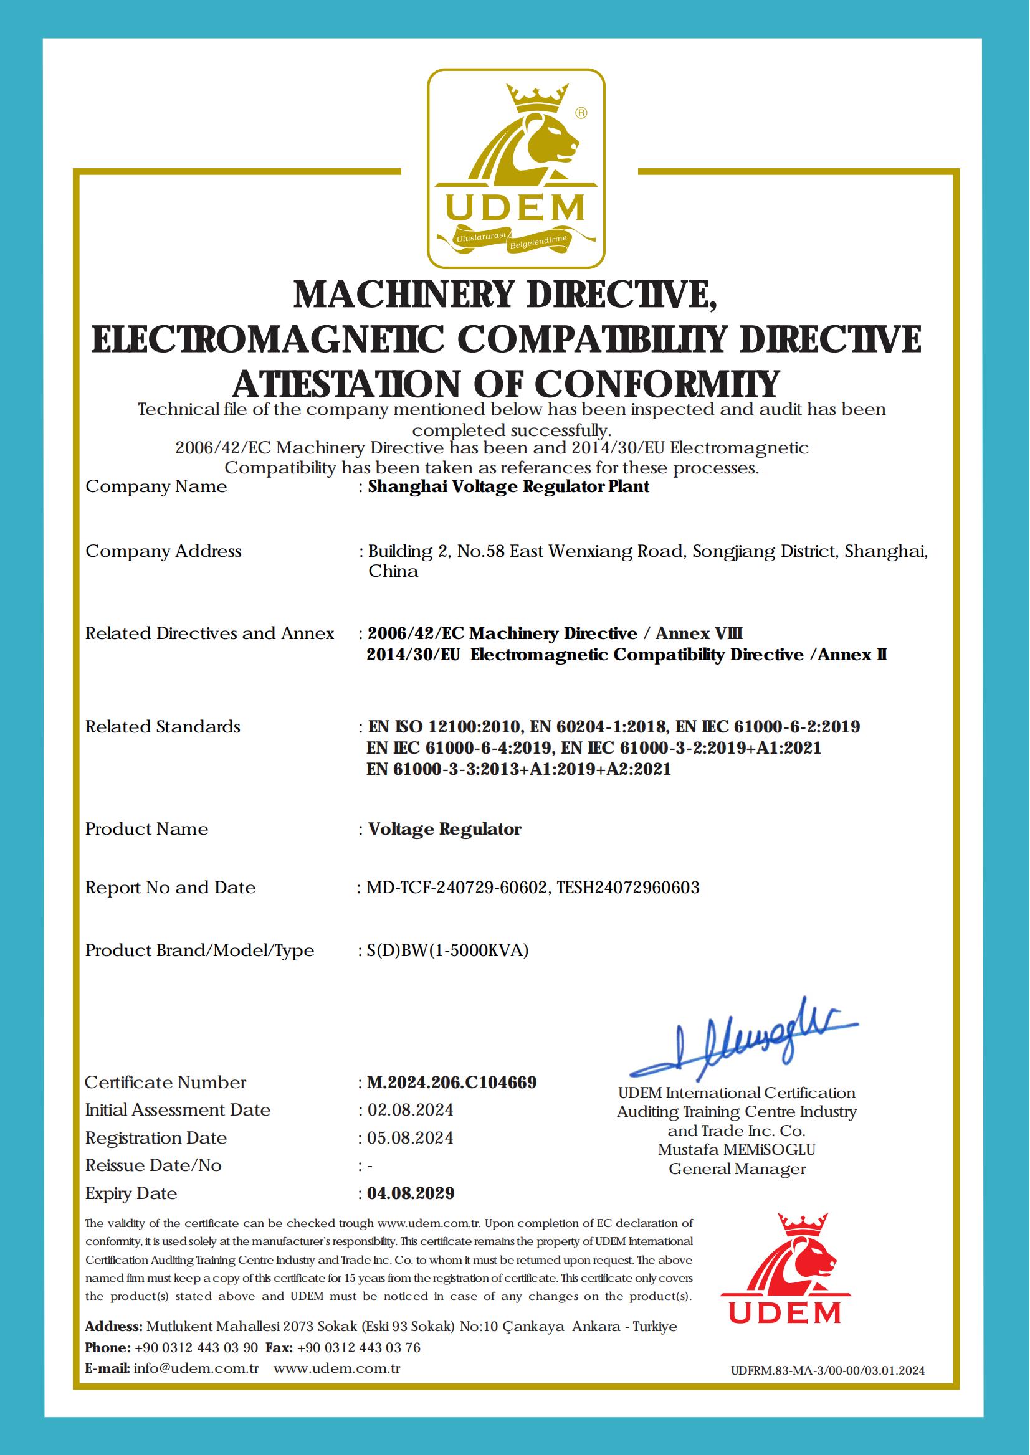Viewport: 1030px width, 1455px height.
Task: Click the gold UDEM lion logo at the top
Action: click(515, 168)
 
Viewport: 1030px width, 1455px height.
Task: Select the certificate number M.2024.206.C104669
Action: click(452, 1082)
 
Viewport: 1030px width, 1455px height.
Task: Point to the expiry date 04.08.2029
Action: click(411, 1193)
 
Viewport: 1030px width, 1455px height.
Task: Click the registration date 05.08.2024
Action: click(410, 1138)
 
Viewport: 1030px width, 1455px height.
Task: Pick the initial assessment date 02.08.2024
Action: click(410, 1110)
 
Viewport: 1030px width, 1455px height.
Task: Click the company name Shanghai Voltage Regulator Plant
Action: click(508, 487)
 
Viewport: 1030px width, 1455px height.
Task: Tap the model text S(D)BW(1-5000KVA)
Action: click(447, 950)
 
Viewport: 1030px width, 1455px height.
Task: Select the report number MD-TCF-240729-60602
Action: click(457, 888)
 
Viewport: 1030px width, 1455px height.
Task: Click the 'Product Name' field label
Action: click(146, 829)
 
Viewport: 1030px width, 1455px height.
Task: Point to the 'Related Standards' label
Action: click(163, 726)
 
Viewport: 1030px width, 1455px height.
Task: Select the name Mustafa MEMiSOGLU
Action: click(737, 1149)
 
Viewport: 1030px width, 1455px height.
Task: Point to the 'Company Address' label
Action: click(164, 551)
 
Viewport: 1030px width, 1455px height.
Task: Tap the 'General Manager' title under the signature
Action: click(737, 1168)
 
